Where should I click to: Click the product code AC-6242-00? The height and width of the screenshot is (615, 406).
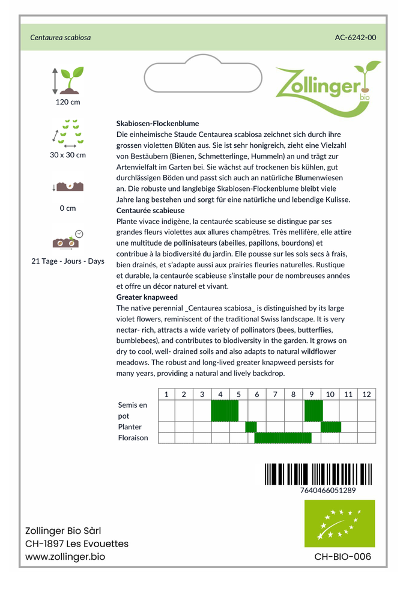coord(356,37)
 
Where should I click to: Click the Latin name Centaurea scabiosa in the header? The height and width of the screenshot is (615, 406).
coord(61,37)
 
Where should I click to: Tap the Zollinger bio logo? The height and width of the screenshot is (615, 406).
coord(328,86)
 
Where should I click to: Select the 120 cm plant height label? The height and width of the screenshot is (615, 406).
coord(68,102)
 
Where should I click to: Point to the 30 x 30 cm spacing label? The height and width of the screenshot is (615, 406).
coord(68,155)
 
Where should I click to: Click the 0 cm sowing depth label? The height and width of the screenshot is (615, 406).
coord(68,208)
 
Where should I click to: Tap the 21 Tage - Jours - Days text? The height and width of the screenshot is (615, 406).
coord(68,261)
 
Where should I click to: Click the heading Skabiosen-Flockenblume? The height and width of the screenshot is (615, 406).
coord(157,123)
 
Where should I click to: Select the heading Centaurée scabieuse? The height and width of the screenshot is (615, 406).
coord(150,211)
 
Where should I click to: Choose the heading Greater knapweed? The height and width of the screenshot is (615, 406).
coord(147,297)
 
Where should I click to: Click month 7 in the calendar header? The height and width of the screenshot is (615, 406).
coord(275,395)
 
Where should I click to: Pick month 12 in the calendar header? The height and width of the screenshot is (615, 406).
coord(366,395)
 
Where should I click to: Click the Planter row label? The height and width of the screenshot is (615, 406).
coord(130,427)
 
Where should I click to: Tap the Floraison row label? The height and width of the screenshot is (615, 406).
coord(133,438)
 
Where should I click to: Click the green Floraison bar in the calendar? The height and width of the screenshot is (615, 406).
coord(283,438)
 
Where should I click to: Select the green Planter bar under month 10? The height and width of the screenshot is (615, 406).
coord(331,427)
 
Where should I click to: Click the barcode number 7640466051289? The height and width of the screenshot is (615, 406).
coord(327,490)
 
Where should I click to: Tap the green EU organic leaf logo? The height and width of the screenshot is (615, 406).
coord(339,523)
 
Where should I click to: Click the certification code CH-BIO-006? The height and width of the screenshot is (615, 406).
coord(342,557)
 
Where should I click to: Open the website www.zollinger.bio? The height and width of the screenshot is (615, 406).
coord(65,557)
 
